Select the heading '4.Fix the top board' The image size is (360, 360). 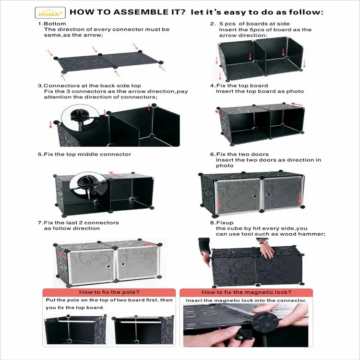tap(239, 85)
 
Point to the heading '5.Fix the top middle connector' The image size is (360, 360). tap(84, 154)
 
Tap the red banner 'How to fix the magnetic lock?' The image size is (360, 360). tap(246, 292)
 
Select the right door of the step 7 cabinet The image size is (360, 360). tap(138, 263)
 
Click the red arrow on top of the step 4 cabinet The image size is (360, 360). tap(297, 103)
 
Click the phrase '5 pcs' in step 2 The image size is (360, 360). tap(229, 24)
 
